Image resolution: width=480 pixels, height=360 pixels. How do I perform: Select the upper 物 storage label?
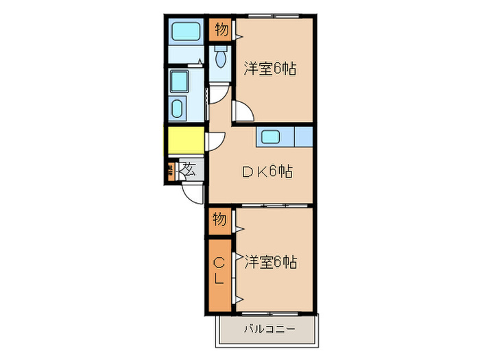(x=221, y=29)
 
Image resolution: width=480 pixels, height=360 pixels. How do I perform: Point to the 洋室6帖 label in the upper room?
(x=271, y=69)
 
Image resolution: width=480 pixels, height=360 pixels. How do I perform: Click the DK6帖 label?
(x=267, y=172)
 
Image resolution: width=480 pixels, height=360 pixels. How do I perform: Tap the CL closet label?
(x=219, y=271)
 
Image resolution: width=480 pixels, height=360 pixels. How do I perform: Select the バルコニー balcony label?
(x=269, y=328)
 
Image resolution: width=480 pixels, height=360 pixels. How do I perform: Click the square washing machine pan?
(x=180, y=82)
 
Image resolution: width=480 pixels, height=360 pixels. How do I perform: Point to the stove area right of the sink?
(x=303, y=136)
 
